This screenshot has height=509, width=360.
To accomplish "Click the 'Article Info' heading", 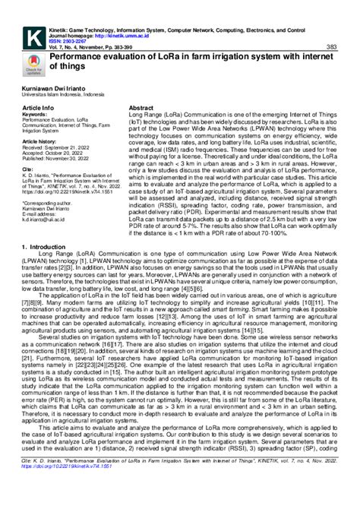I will coord(39,109).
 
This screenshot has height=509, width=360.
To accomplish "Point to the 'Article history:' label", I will coord(40,142).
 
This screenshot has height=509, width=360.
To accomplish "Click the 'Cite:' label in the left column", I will coord(29,170).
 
